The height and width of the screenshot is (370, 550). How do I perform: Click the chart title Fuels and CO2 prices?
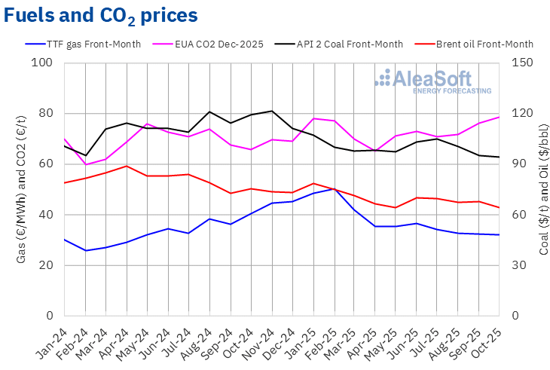pos(101,15)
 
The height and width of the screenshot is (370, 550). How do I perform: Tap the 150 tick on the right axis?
pos(523,63)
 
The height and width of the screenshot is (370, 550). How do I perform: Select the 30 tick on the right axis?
pos(520,265)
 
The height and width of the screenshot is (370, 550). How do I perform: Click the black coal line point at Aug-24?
pos(209,112)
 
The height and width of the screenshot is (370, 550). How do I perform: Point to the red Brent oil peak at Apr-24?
pos(127,166)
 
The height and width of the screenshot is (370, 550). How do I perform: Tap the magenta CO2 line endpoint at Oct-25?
pos(499,117)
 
